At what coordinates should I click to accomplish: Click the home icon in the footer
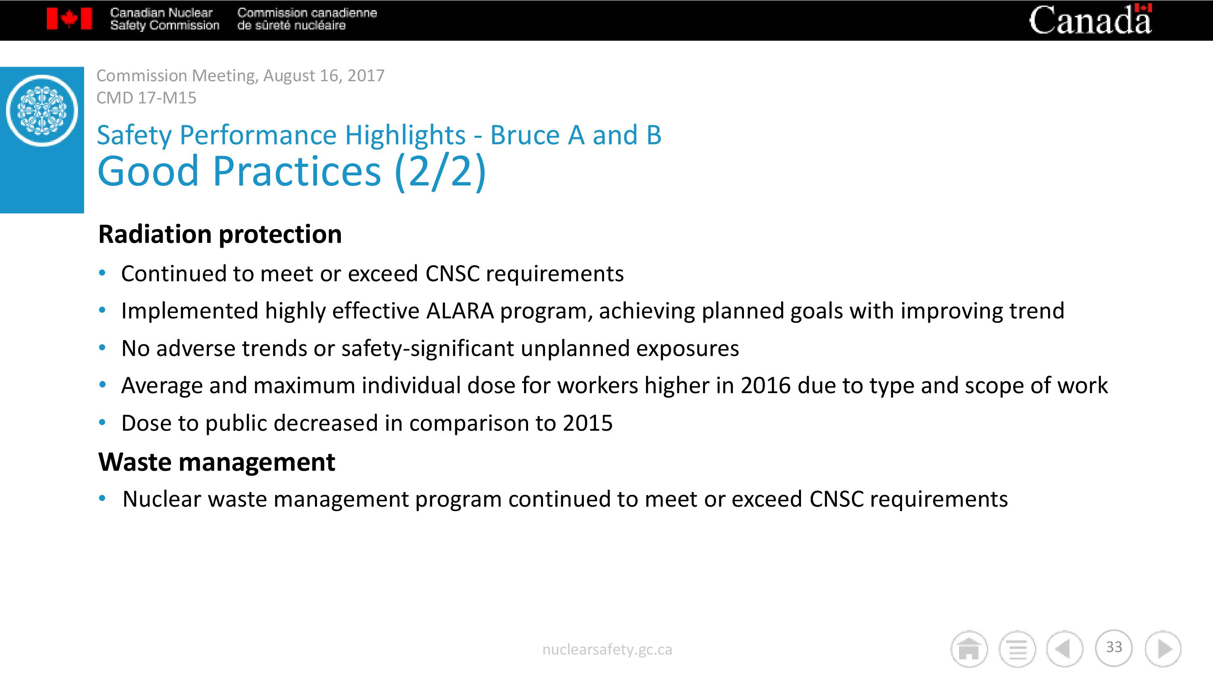pos(969,648)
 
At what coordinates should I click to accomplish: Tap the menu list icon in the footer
pos(1017,648)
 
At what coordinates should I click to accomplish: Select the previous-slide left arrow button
pos(1065,648)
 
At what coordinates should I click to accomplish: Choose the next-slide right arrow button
pos(1163,648)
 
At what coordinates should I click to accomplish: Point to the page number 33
pos(1114,647)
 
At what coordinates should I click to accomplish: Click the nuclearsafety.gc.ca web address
pos(607,650)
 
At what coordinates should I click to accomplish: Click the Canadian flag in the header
pos(69,19)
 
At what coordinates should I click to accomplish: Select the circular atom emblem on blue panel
pos(42,110)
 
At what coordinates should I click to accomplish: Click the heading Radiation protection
pos(220,234)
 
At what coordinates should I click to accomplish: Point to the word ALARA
pos(460,311)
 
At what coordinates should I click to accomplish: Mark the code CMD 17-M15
pos(146,97)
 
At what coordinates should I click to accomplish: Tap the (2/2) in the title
pos(440,171)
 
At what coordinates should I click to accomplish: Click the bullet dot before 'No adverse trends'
pos(102,348)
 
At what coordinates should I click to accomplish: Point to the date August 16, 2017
pos(323,75)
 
